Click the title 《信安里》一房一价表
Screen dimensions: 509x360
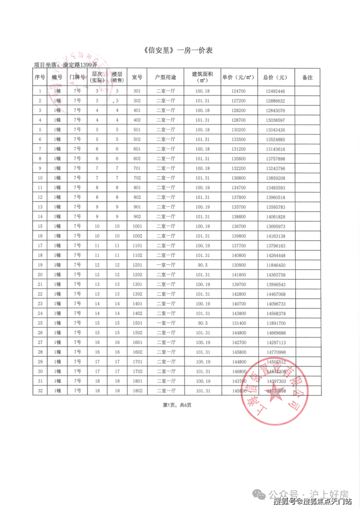180,51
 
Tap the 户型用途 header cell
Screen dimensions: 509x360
165,77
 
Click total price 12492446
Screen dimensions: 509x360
275,91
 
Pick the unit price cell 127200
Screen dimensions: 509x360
238,101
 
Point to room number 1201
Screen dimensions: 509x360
137,265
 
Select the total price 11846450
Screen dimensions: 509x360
275,265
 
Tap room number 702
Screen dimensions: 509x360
137,178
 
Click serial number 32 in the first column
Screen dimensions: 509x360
40,391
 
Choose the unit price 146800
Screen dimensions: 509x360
238,371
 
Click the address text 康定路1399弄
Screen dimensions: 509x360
78,64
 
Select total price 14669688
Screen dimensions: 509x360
275,333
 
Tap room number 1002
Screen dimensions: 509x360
137,236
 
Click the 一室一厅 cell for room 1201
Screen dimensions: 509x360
165,265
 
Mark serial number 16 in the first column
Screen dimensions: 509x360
40,236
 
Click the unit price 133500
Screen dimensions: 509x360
238,140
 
